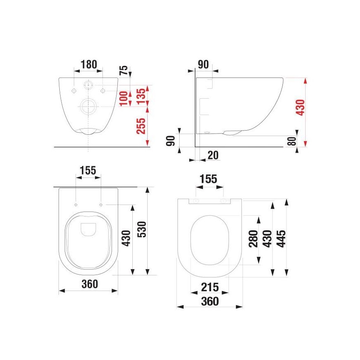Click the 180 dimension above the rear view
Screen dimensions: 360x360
pyautogui.click(x=88, y=64)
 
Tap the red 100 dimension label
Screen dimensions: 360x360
pyautogui.click(x=123, y=98)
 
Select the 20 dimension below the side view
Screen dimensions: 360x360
pyautogui.click(x=213, y=155)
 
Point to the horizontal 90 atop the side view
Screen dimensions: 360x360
pyautogui.click(x=203, y=64)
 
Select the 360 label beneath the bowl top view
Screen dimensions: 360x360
pyautogui.click(x=89, y=284)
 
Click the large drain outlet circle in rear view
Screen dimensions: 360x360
pyautogui.click(x=88, y=107)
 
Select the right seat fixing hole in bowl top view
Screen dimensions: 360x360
pyautogui.click(x=101, y=204)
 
